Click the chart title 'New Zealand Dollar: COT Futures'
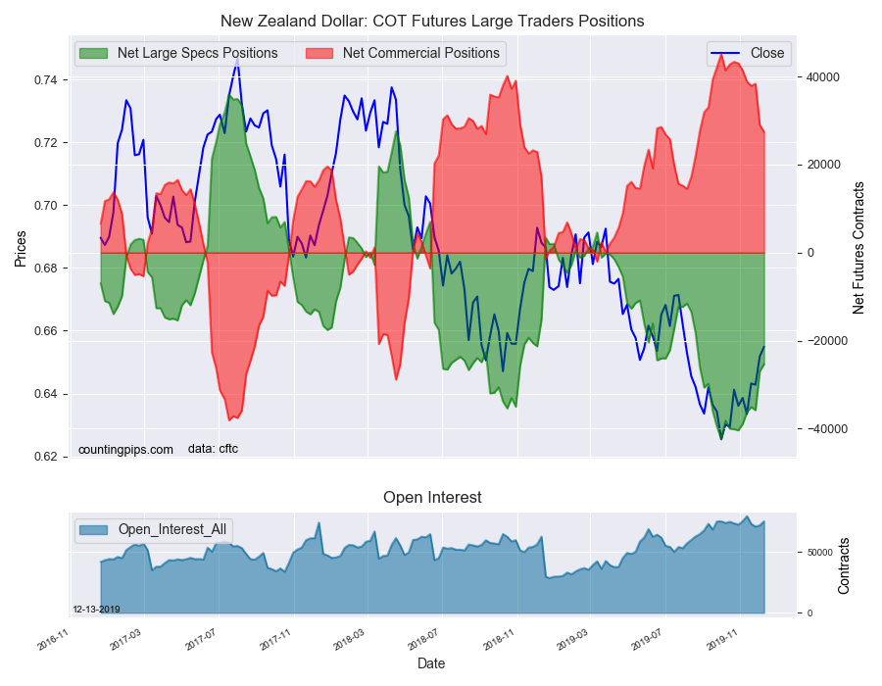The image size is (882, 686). pyautogui.click(x=343, y=22)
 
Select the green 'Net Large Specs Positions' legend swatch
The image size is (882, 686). pyautogui.click(x=93, y=54)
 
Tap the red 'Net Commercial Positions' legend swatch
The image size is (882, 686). pyautogui.click(x=318, y=54)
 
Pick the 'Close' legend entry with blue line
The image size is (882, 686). pyautogui.click(x=748, y=53)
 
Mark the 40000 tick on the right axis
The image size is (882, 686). pyautogui.click(x=823, y=77)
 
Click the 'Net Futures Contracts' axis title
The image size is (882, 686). pyautogui.click(x=857, y=248)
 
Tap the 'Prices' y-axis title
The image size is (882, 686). pyautogui.click(x=21, y=249)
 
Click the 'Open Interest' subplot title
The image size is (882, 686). pyautogui.click(x=432, y=498)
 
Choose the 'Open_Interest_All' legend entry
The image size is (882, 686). pyautogui.click(x=153, y=529)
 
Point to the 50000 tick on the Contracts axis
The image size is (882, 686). pyautogui.click(x=820, y=553)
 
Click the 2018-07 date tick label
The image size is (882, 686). pyautogui.click(x=423, y=639)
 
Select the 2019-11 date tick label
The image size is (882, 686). pyautogui.click(x=722, y=639)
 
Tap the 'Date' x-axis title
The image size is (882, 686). pyautogui.click(x=431, y=664)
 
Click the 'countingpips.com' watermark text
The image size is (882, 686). pyautogui.click(x=125, y=450)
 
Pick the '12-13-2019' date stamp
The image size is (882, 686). pyautogui.click(x=96, y=610)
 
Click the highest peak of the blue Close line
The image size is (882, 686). pyautogui.click(x=237, y=58)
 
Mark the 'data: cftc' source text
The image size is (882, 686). pyautogui.click(x=213, y=449)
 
